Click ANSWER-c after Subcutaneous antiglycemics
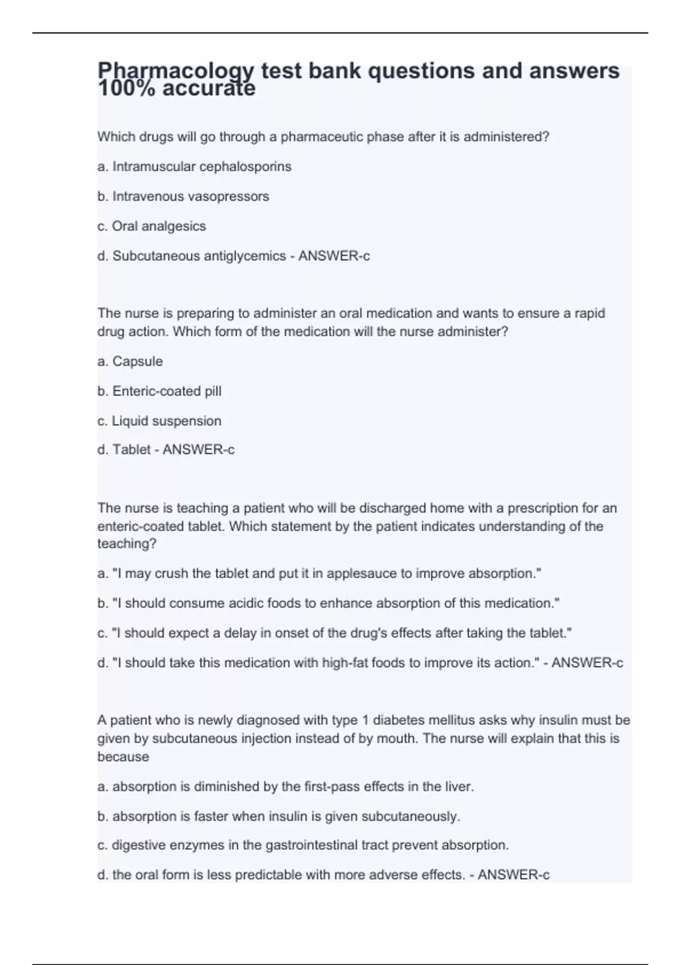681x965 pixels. pyautogui.click(x=334, y=256)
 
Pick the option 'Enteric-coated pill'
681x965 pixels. pyautogui.click(x=167, y=391)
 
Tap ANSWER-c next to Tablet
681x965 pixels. pyautogui.click(x=199, y=450)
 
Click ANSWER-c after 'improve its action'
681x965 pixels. pyautogui.click(x=587, y=662)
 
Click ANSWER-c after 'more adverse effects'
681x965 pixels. pyautogui.click(x=514, y=875)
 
